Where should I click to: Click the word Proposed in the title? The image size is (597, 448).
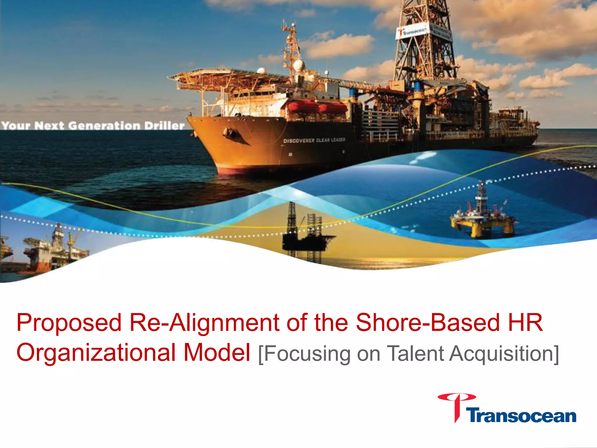[x=69, y=323]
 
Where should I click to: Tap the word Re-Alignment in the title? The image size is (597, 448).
[x=204, y=323]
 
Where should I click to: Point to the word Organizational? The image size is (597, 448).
[x=96, y=353]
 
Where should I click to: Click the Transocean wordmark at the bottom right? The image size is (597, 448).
[x=522, y=416]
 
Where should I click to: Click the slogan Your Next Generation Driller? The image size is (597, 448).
[x=93, y=126]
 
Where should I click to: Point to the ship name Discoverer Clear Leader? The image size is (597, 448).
[x=314, y=140]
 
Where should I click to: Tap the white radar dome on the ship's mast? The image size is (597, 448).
[x=299, y=65]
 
